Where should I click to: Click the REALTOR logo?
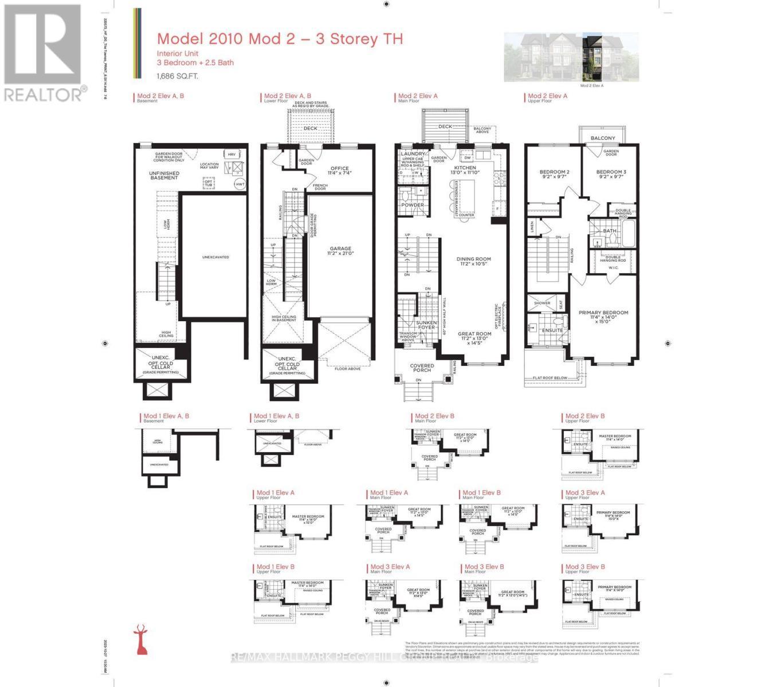pos(43,52)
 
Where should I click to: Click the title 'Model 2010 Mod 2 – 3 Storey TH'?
pos(280,39)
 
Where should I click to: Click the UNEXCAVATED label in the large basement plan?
pos(215,257)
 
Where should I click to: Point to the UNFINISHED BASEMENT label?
pos(164,175)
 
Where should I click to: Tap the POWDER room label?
pos(413,205)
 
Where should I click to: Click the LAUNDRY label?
pos(413,154)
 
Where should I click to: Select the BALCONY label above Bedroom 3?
pos(603,138)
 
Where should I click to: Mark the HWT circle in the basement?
pos(240,184)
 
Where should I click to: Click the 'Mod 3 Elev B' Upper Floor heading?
pos(585,567)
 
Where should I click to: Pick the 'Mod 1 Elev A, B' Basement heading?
pos(166,417)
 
